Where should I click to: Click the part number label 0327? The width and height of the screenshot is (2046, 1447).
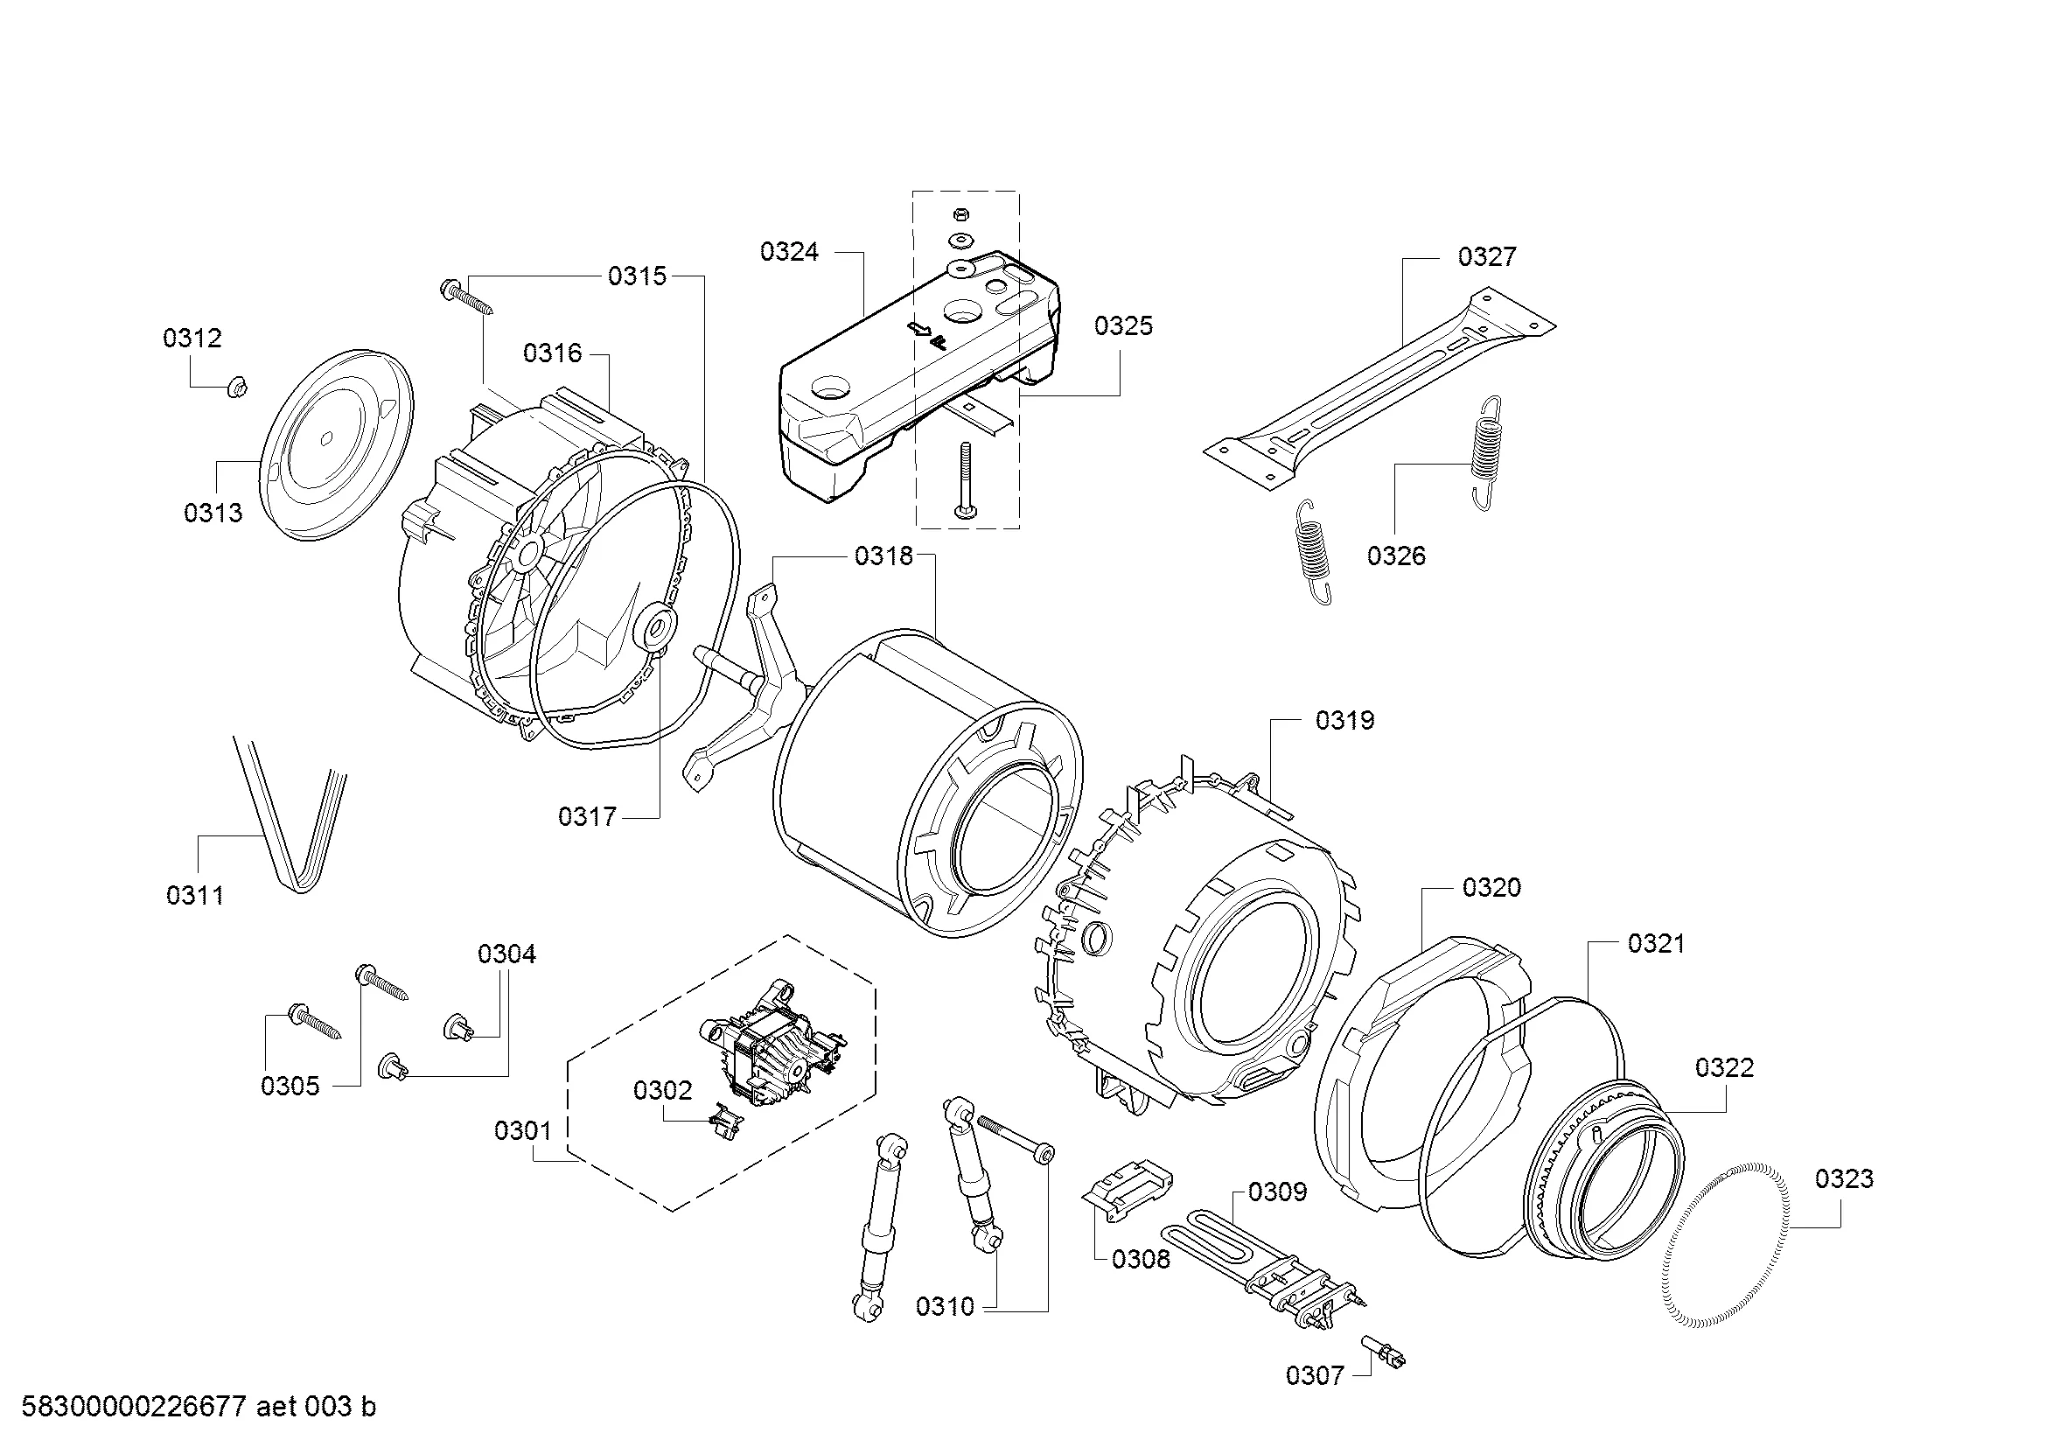(1486, 256)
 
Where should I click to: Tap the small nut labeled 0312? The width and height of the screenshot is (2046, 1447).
(237, 388)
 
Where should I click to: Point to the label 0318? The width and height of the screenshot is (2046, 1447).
(884, 556)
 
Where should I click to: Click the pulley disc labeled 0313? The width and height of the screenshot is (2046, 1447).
(337, 442)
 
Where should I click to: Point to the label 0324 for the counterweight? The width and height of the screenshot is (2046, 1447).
(789, 252)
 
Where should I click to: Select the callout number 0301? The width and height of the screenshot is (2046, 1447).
(523, 1130)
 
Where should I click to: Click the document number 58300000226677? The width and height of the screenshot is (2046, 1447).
(135, 1408)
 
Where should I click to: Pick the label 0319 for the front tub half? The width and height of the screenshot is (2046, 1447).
(1344, 720)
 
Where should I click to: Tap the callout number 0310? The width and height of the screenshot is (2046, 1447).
(945, 1307)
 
